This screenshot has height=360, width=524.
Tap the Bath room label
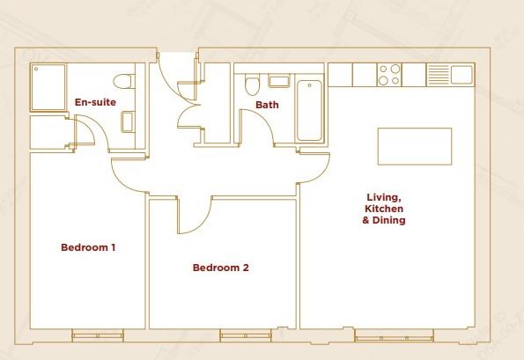pyautogui.click(x=266, y=106)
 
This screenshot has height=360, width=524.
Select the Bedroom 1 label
pyautogui.click(x=88, y=247)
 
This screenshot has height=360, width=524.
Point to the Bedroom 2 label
pyautogui.click(x=221, y=268)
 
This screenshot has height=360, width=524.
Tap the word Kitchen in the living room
pyautogui.click(x=384, y=209)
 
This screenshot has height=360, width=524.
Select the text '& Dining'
pyautogui.click(x=384, y=221)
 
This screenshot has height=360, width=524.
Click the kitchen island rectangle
pyautogui.click(x=415, y=145)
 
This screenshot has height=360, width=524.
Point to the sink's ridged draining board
pyautogui.click(x=438, y=75)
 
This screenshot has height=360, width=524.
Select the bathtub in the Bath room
pyautogui.click(x=309, y=110)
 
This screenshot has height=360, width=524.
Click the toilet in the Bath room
pyautogui.click(x=253, y=85)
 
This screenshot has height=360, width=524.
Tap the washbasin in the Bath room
pyautogui.click(x=279, y=83)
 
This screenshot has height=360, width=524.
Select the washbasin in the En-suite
pyautogui.click(x=129, y=121)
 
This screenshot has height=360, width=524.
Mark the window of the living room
pyautogui.click(x=394, y=335)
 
